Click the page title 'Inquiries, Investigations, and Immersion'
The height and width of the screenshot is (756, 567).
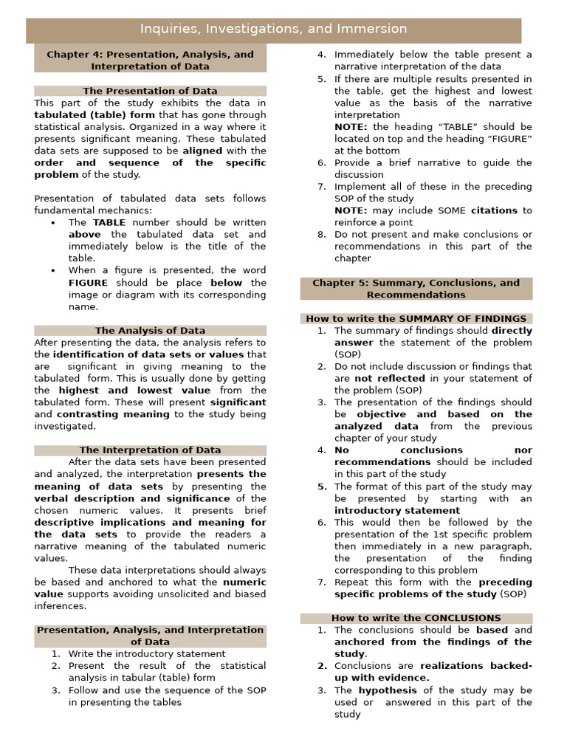pyautogui.click(x=274, y=30)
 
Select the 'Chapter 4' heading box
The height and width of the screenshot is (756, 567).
pyautogui.click(x=150, y=60)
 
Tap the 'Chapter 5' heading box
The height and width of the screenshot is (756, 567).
pyautogui.click(x=416, y=289)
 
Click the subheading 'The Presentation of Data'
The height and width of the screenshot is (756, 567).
pyautogui.click(x=150, y=91)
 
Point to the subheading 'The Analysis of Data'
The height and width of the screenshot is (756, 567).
pyautogui.click(x=150, y=331)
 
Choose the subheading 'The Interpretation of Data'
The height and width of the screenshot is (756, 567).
pyautogui.click(x=150, y=450)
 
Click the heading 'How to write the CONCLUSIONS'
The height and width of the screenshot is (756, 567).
pyautogui.click(x=416, y=618)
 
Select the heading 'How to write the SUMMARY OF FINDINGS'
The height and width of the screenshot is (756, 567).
pyautogui.click(x=416, y=319)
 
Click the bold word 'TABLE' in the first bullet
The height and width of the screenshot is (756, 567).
pyautogui.click(x=109, y=222)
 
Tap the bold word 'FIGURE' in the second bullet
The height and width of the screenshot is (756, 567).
pyautogui.click(x=89, y=283)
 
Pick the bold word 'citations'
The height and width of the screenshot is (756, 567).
pyautogui.click(x=494, y=210)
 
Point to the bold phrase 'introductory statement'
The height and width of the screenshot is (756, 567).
pyautogui.click(x=396, y=510)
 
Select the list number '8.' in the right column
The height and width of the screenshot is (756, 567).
pyautogui.click(x=321, y=235)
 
